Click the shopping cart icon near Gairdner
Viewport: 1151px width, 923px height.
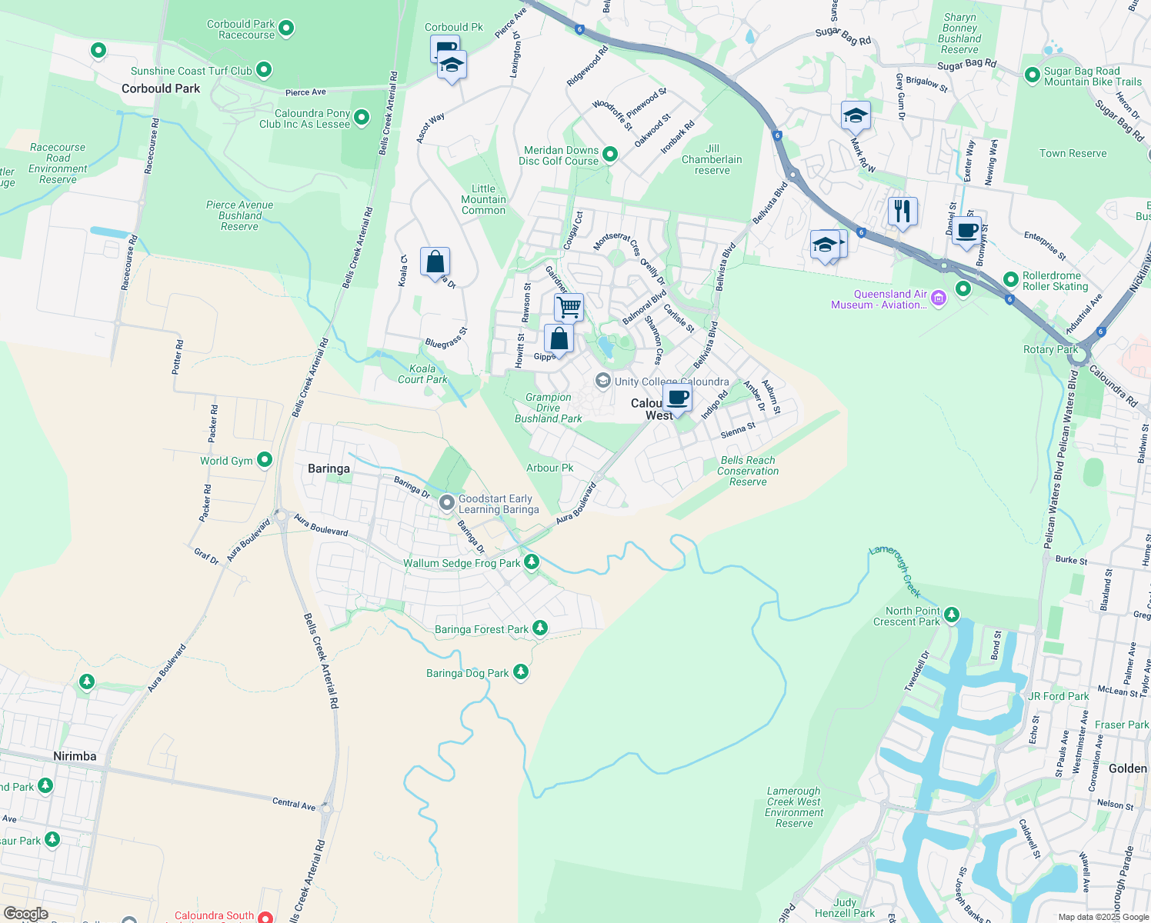coord(569,307)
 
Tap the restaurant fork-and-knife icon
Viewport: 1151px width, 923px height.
coord(902,210)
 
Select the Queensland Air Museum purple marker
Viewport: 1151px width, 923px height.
coord(938,298)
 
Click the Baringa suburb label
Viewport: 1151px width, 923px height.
coord(329,468)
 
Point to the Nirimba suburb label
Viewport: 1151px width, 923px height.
coord(75,756)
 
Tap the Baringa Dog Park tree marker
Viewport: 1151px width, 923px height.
coord(521,672)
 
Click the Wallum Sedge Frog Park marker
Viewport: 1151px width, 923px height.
coord(531,563)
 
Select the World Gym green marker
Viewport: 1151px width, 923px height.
coord(265,460)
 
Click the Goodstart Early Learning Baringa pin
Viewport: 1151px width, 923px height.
coord(447,503)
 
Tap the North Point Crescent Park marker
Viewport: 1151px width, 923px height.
coord(952,615)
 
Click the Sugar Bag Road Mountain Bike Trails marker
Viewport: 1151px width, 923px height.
coord(1033,75)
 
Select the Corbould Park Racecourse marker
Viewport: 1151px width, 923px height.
coord(286,29)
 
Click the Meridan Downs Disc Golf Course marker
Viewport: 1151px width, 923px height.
coord(610,155)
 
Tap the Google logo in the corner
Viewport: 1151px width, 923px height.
coord(25,914)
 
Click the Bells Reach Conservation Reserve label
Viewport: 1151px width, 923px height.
coord(748,471)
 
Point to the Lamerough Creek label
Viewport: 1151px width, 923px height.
coord(896,571)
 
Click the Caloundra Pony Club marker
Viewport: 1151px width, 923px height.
coord(362,118)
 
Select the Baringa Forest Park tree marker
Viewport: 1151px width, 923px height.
coord(540,628)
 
